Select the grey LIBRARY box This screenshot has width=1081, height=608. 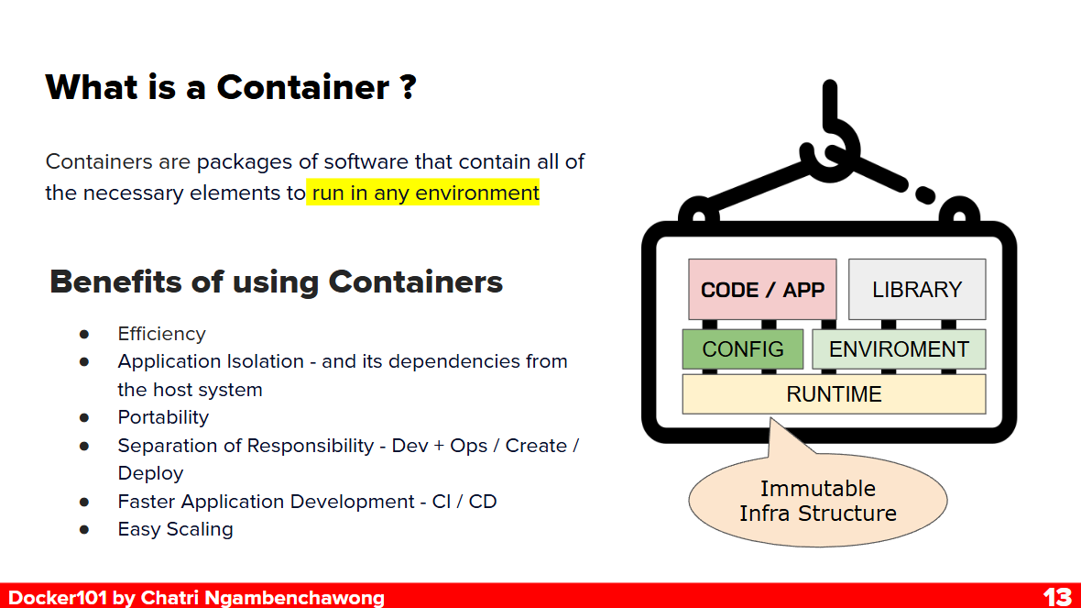pyautogui.click(x=916, y=289)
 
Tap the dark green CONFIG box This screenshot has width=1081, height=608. pyautogui.click(x=742, y=349)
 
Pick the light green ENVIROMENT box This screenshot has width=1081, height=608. pyautogui.click(x=898, y=349)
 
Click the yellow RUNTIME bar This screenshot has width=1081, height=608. pyautogui.click(x=834, y=394)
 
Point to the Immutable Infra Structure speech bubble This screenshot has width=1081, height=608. pyautogui.click(x=817, y=501)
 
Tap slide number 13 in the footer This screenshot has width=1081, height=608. pyautogui.click(x=1056, y=597)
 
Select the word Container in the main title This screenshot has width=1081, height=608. pyautogui.click(x=303, y=87)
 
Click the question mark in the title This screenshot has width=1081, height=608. pyautogui.click(x=409, y=87)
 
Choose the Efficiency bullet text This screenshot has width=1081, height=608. pyautogui.click(x=161, y=334)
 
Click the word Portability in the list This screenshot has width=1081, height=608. pyautogui.click(x=163, y=417)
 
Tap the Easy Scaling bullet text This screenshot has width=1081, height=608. pyautogui.click(x=175, y=529)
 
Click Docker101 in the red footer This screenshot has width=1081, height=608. pyautogui.click(x=57, y=598)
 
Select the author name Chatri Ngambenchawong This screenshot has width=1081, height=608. pyautogui.click(x=262, y=598)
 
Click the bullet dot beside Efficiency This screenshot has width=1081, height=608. pyautogui.click(x=84, y=334)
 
